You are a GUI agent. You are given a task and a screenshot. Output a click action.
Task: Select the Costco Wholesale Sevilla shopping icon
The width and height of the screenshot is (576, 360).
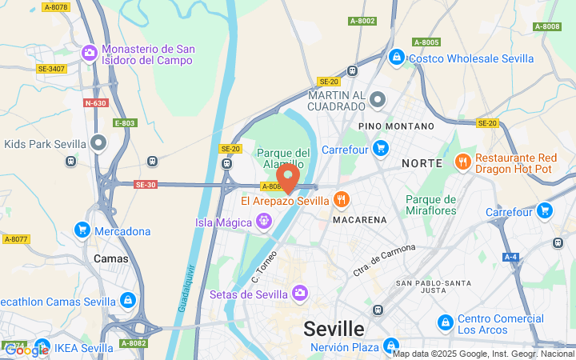tap(396, 58)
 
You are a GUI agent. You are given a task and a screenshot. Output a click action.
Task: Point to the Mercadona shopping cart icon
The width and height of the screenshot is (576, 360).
tap(82, 230)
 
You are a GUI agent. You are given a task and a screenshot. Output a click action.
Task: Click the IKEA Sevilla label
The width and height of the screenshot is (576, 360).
tap(84, 348)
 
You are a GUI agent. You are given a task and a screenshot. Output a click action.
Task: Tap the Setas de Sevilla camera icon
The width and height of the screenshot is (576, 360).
tap(300, 294)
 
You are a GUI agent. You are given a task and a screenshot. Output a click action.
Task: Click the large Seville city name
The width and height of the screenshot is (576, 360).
tap(334, 329)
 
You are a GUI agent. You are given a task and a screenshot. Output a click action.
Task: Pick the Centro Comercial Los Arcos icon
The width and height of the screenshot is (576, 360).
tap(446, 322)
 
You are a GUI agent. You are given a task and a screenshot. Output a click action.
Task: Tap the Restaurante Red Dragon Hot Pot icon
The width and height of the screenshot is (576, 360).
tap(462, 162)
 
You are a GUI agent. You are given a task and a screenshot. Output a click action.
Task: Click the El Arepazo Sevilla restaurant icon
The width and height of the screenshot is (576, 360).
tap(342, 200)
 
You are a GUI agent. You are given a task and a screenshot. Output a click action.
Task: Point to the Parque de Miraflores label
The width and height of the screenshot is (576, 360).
tap(430, 205)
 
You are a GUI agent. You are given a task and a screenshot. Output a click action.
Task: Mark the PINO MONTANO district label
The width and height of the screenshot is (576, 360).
tap(396, 126)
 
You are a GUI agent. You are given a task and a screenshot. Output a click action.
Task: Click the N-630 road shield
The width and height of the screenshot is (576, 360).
tap(95, 102)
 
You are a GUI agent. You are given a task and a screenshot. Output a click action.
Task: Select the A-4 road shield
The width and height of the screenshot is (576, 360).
tap(510, 257)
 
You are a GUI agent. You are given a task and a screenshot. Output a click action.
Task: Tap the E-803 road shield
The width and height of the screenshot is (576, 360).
tap(125, 123)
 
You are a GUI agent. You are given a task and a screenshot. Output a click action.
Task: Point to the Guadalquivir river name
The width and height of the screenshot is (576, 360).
tap(183, 287)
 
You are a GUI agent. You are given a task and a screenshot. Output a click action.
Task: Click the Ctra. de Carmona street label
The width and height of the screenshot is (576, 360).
tap(384, 260)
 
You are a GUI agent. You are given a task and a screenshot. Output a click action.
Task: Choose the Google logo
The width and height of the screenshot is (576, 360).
tap(26, 350)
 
